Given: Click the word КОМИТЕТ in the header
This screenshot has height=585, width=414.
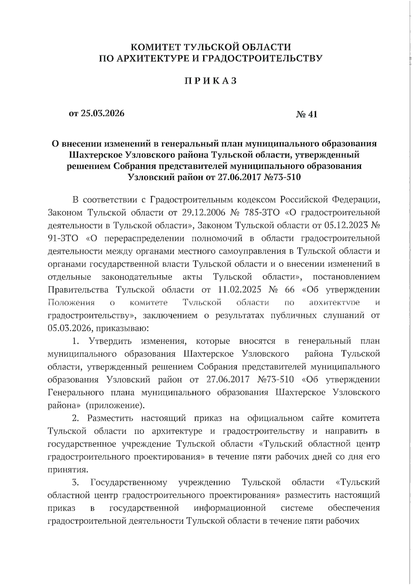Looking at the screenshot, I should [154, 47].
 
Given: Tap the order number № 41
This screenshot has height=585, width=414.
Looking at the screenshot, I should [306, 114].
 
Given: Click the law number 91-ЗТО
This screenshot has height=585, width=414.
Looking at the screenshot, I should [63, 238].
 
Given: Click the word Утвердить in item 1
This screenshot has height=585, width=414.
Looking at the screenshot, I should [110, 341].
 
